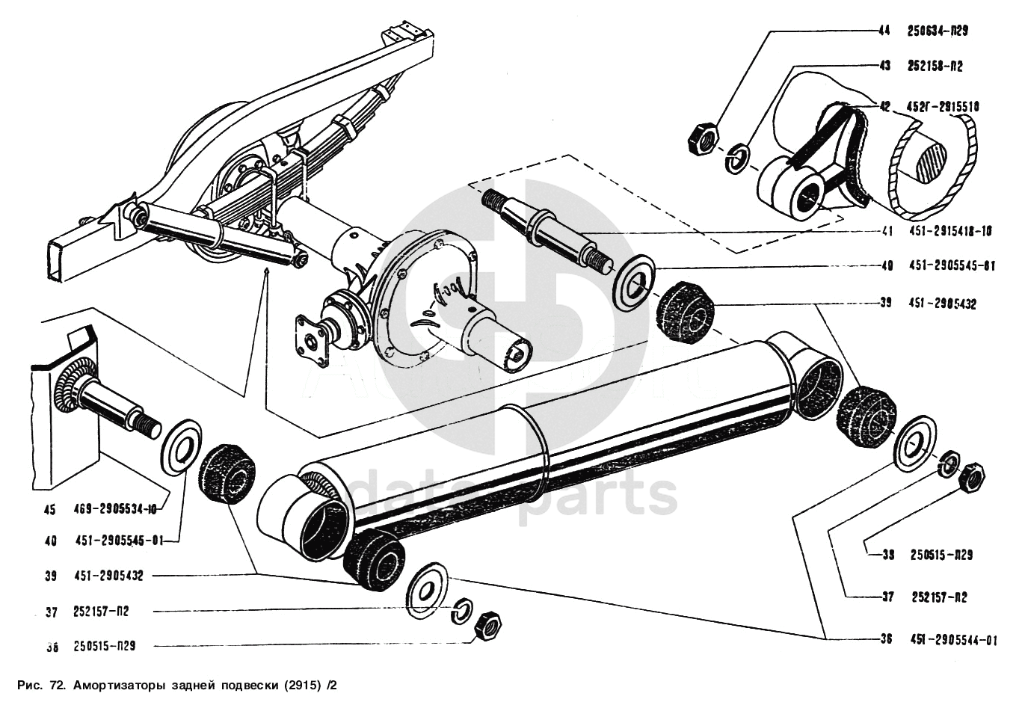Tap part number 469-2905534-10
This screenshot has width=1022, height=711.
[116, 510]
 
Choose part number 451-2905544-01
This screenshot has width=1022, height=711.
[953, 639]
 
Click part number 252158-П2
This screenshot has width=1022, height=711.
[935, 67]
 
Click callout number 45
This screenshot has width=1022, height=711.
[49, 510]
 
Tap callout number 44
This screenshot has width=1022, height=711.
[884, 31]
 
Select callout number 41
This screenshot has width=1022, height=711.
[887, 232]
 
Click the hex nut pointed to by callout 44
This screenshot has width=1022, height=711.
[702, 139]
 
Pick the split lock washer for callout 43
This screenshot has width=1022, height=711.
[738, 158]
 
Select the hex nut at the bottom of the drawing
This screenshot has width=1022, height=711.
[487, 625]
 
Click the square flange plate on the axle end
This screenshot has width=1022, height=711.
[312, 341]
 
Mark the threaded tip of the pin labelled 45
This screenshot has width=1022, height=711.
[149, 425]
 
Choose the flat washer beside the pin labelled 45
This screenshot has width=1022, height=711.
[182, 446]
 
